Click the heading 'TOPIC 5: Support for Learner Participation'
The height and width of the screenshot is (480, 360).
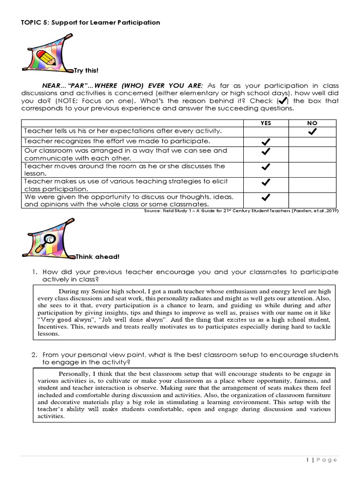pos(91,22)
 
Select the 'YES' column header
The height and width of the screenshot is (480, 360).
pos(266,123)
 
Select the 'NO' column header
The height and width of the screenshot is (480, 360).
pos(312,123)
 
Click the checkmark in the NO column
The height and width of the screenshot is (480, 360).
pos(312,132)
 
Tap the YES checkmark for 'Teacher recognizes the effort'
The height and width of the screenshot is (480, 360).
pos(266,142)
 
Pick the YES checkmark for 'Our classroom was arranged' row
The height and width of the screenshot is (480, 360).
pos(266,152)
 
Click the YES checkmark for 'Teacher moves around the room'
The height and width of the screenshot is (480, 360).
pos(266,166)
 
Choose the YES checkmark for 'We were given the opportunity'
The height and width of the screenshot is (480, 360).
pos(266,197)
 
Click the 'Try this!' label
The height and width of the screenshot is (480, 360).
pos(87,71)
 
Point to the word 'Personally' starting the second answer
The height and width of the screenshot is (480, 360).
pos(75,374)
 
